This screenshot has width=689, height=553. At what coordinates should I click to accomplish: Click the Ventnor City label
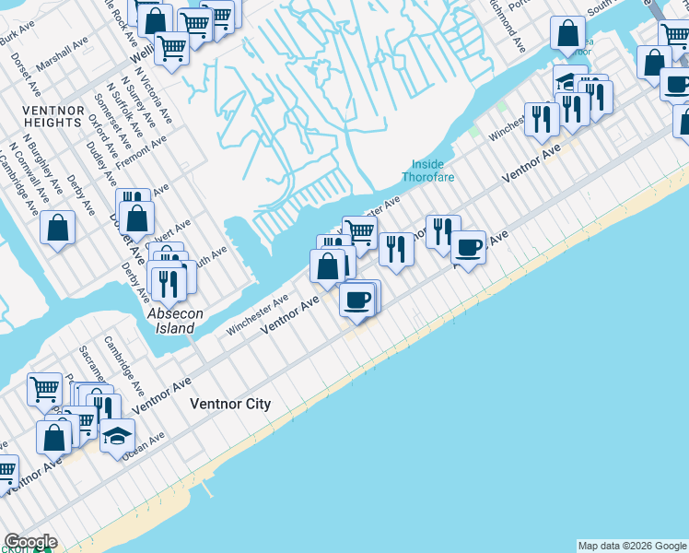(230, 404)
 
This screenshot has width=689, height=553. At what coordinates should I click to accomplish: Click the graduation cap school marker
(117, 435)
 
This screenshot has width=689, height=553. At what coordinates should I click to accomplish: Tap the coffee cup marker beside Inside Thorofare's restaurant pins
(468, 247)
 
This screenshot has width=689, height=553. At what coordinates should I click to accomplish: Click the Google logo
(29, 542)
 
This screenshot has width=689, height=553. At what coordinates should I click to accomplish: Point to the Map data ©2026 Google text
(632, 546)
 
